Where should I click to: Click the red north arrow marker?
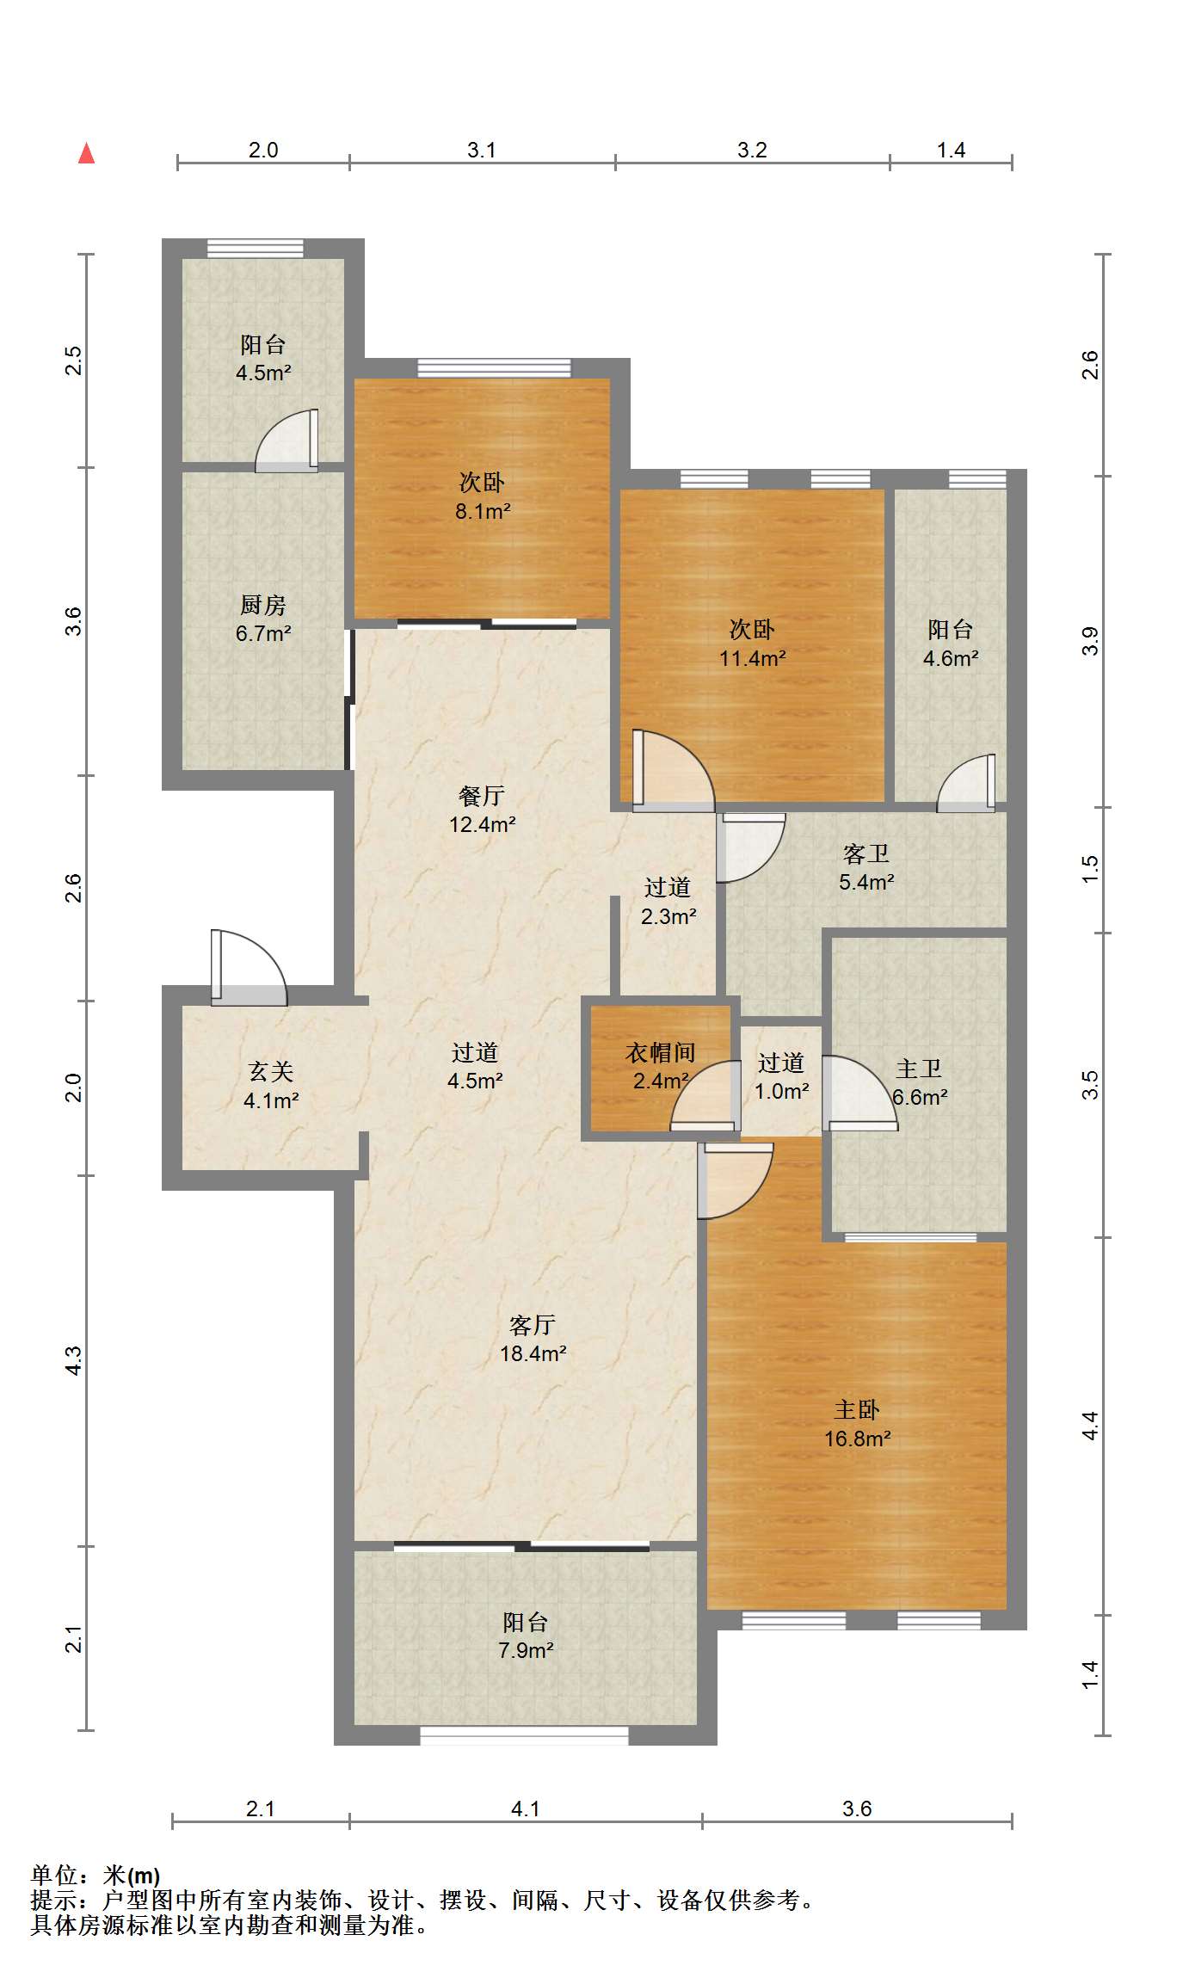pyautogui.click(x=86, y=153)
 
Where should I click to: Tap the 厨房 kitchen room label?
pyautogui.click(x=263, y=605)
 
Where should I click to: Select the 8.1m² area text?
pyautogui.click(x=483, y=511)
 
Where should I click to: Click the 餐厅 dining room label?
pyautogui.click(x=482, y=795)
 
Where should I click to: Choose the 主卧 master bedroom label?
pyautogui.click(x=857, y=1409)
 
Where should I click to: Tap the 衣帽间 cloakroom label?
pyautogui.click(x=660, y=1051)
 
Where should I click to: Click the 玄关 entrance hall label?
pyautogui.click(x=271, y=1071)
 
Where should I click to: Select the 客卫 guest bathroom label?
pyautogui.click(x=866, y=853)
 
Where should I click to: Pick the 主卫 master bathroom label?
pyautogui.click(x=919, y=1069)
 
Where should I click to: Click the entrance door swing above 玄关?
pyautogui.click(x=249, y=967)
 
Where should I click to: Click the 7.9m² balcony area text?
pyautogui.click(x=526, y=1650)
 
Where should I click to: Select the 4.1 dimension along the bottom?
pyautogui.click(x=525, y=1808)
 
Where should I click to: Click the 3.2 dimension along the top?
pyautogui.click(x=752, y=150)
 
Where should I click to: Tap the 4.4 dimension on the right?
pyautogui.click(x=1090, y=1426)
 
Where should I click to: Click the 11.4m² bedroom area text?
pyautogui.click(x=753, y=658)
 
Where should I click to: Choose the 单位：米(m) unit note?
pyautogui.click(x=95, y=1875)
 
